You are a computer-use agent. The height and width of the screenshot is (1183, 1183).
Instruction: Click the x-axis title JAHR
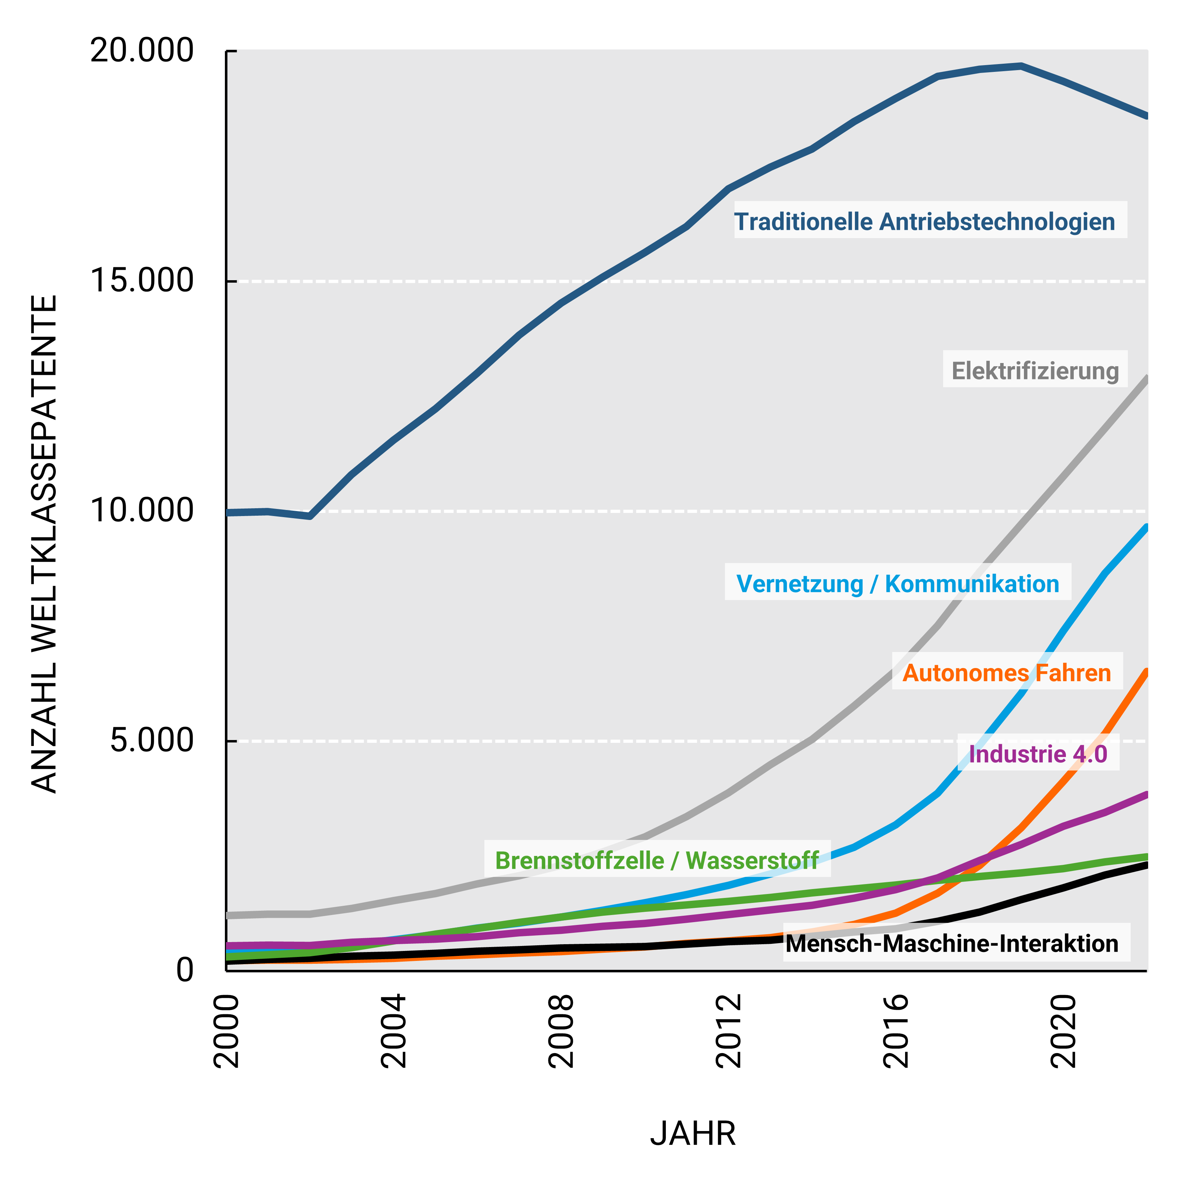tap(693, 1134)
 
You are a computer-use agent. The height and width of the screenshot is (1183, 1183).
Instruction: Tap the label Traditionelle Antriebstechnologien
tap(925, 222)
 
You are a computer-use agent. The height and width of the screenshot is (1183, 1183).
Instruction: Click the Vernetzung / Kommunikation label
tap(898, 584)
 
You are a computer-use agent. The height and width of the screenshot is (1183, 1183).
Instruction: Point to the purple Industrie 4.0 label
tap(1038, 754)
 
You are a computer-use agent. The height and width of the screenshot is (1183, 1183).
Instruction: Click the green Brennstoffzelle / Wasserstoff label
tap(657, 860)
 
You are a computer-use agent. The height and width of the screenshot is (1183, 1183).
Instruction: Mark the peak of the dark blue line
tap(1021, 65)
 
